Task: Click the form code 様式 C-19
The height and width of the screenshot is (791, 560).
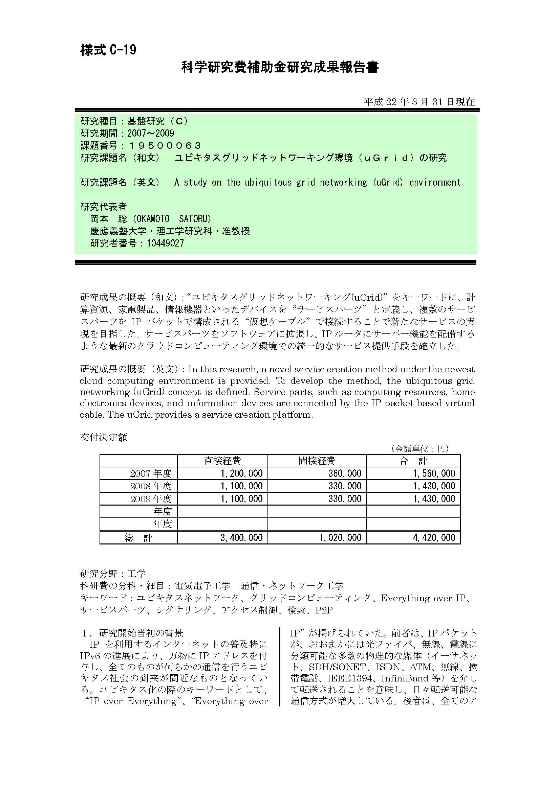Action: pos(108,50)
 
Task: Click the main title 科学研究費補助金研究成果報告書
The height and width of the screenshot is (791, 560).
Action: pos(280,68)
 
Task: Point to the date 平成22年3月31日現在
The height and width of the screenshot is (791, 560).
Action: pos(419,102)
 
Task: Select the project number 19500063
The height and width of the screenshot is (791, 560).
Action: pos(165,146)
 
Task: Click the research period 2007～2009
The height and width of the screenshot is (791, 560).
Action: pos(151,133)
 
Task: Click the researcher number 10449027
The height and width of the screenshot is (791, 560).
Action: pos(165,243)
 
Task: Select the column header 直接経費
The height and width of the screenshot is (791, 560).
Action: pos(222,461)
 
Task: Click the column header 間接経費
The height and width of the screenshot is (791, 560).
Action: pos(317,461)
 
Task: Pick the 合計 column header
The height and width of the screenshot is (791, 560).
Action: pos(413,461)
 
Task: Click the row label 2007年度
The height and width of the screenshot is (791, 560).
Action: pos(151,473)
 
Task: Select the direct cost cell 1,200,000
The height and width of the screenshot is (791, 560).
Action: pos(241,473)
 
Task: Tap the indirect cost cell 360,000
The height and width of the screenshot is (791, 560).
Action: pos(344,473)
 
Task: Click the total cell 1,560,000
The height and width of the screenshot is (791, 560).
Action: pos(434,473)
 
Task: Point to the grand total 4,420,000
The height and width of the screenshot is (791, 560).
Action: pos(434,537)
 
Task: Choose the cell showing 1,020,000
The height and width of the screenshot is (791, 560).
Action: pos(340,537)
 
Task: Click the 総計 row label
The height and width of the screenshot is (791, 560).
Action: pos(138,538)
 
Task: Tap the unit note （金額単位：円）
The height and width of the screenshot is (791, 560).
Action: pos(419,448)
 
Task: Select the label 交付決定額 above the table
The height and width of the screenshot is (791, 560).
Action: pos(104,438)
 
